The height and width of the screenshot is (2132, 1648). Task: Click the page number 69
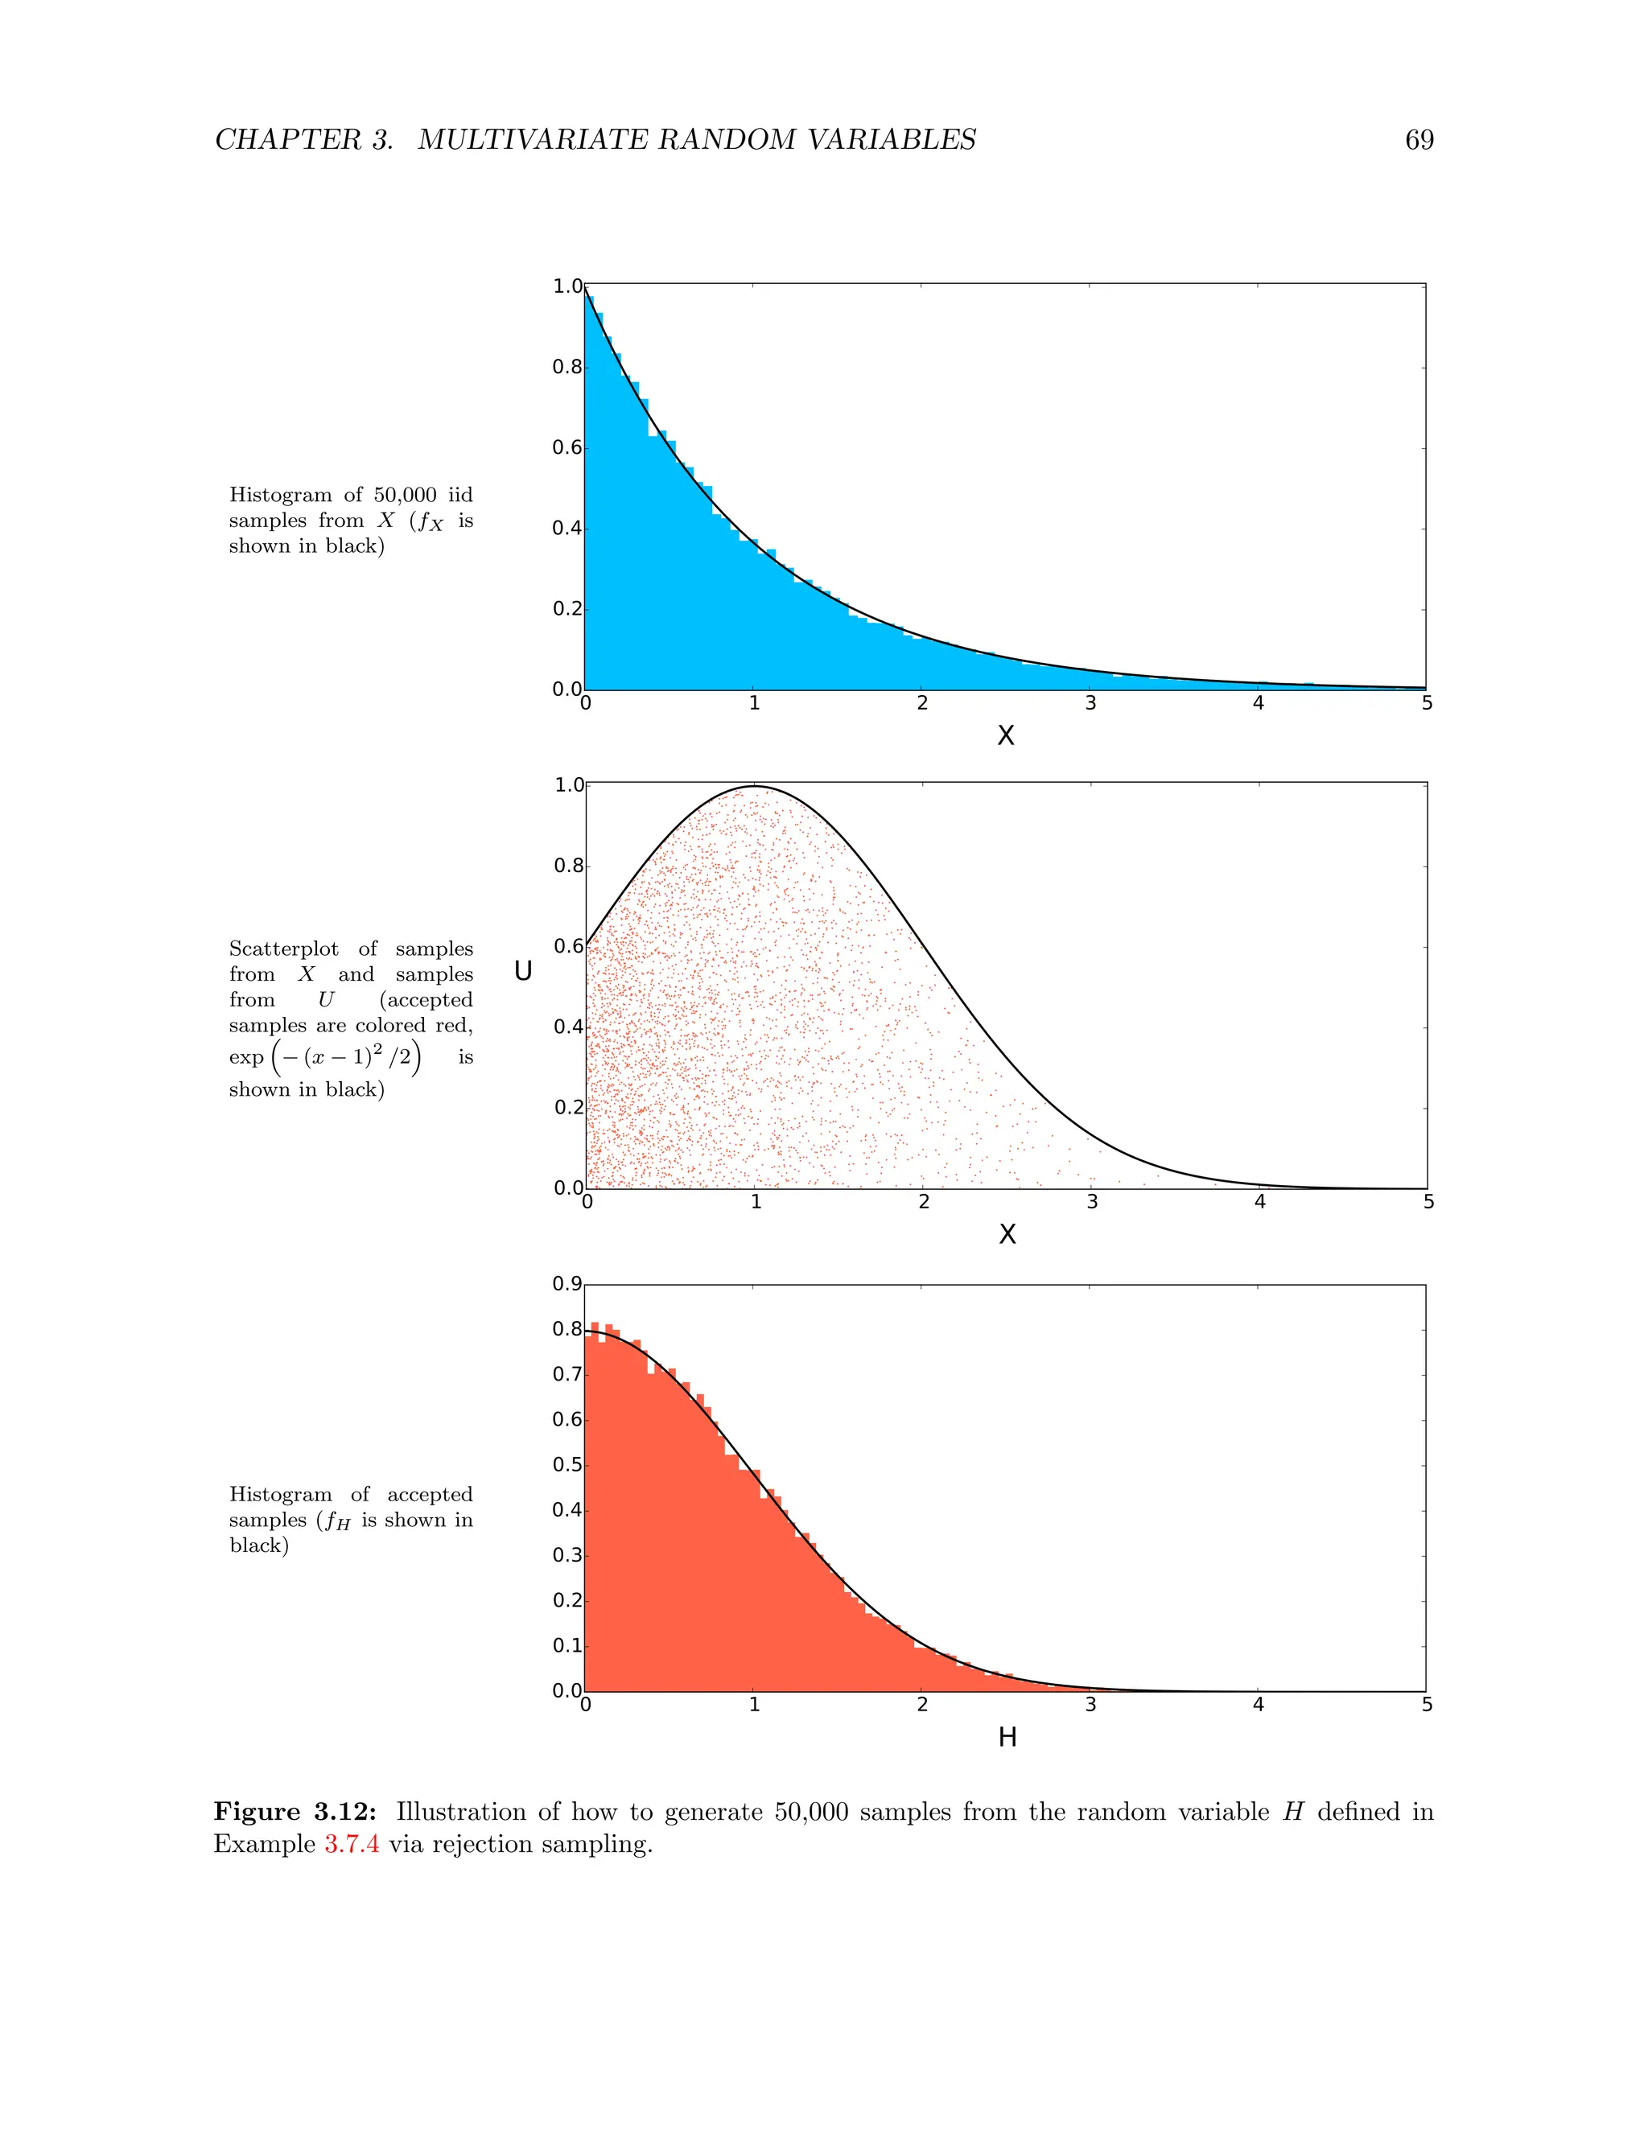point(1419,141)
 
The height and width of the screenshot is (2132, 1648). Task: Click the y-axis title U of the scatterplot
point(523,970)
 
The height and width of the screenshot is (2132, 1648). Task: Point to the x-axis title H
point(1007,1738)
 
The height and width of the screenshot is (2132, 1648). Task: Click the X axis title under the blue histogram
point(1006,736)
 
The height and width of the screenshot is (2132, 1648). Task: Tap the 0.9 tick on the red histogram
point(567,1284)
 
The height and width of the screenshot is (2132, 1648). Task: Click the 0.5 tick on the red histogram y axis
point(567,1464)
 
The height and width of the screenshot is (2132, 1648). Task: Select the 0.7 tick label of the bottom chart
point(567,1374)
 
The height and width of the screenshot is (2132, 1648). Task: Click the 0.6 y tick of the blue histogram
point(567,448)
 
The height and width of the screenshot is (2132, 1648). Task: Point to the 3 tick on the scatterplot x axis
point(1093,1202)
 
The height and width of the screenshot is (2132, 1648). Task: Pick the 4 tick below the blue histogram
point(1259,703)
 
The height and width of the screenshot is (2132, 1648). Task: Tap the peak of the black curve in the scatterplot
point(755,786)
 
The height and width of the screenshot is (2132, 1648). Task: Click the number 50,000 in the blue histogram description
point(406,495)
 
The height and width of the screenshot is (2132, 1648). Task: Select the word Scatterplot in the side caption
point(283,949)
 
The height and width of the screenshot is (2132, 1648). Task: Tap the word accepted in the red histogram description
point(430,1495)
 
